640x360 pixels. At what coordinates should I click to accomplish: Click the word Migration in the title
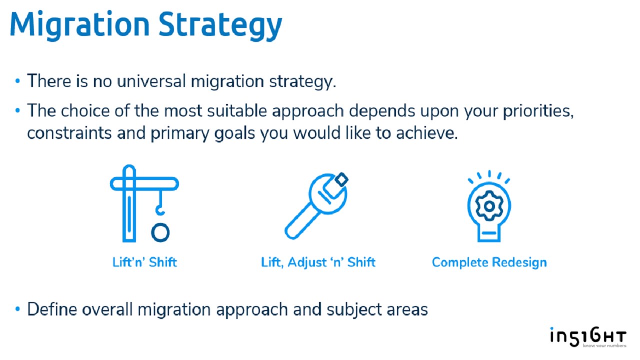tap(79, 25)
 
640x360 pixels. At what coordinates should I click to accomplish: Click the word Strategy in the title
tap(220, 26)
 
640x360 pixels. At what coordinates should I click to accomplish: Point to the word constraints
tap(69, 133)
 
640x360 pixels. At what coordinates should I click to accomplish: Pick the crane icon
tap(144, 203)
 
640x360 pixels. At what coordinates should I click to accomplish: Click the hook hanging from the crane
tap(160, 203)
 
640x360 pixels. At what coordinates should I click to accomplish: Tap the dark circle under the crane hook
tap(160, 232)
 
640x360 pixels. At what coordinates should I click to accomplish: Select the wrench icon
tap(316, 205)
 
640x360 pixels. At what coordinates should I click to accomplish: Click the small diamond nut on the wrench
tap(341, 179)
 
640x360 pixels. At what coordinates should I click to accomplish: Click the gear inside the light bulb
tap(489, 206)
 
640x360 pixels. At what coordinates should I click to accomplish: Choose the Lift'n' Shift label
tap(144, 262)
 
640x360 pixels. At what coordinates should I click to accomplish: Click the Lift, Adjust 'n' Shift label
tap(318, 262)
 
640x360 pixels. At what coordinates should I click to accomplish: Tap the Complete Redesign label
tap(489, 262)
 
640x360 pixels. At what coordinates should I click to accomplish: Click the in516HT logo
tap(588, 337)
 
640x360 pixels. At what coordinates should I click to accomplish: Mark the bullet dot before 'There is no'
tap(17, 81)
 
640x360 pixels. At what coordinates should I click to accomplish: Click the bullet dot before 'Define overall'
tap(17, 309)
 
